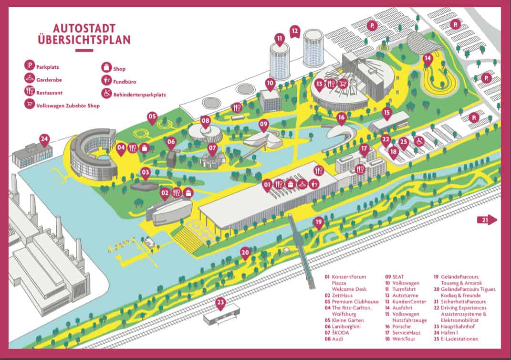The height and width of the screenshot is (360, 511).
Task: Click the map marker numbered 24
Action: [44, 140]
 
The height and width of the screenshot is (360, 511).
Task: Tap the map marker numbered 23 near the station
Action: [220, 303]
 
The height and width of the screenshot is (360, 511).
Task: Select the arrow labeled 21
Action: [487, 219]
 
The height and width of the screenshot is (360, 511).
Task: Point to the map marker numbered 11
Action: [280, 38]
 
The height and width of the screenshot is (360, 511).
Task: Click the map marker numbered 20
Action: [245, 252]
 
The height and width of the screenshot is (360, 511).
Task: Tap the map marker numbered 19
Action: [319, 222]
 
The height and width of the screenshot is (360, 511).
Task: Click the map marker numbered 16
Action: [341, 117]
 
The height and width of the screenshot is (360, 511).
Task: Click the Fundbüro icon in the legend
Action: [105, 81]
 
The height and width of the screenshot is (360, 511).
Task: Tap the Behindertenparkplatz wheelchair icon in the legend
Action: [105, 94]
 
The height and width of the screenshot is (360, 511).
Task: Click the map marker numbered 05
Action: [152, 117]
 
